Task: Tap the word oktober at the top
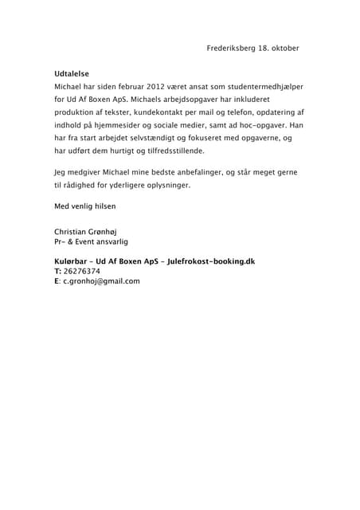(284, 49)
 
